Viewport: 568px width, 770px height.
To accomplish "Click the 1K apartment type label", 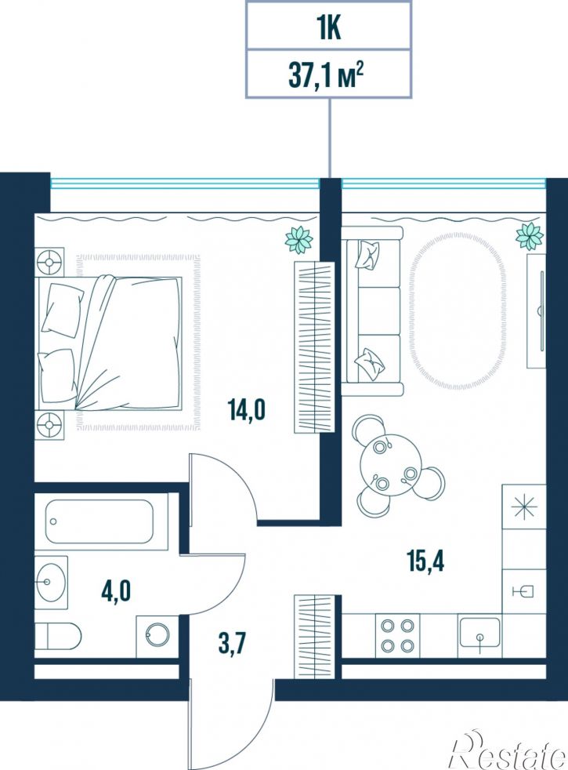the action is point(328,28).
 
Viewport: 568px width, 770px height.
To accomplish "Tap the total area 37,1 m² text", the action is point(326,76).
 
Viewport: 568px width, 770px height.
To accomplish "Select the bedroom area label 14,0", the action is point(246,409).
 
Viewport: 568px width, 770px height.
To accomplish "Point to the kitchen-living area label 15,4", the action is point(425,561).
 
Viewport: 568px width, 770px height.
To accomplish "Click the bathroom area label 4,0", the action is point(116,590).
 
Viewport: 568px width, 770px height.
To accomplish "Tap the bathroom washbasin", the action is point(50,583).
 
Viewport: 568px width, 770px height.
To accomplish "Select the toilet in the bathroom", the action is point(57,636).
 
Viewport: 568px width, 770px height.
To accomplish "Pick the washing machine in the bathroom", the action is point(157,636).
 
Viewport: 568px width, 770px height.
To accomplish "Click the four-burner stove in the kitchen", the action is point(397,635).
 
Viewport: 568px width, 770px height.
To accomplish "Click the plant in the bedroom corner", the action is point(298,240).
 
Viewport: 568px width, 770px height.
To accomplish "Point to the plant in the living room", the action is point(530,236).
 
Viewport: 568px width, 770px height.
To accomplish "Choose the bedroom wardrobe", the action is point(314,347).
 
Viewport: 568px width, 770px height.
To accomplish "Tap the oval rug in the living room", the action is point(458,311).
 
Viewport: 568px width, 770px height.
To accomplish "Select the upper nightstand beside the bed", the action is point(49,262).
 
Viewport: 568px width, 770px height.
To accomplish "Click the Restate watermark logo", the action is point(508,751).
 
